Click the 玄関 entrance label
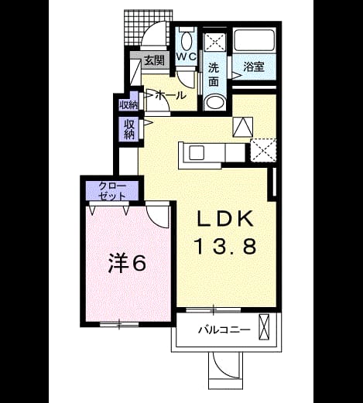[154, 61]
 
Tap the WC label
[187, 56]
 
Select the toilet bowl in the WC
[187, 41]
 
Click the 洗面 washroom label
[214, 75]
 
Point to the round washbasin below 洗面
[215, 102]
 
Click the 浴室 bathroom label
[254, 67]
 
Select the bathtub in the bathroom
[255, 40]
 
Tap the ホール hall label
[171, 96]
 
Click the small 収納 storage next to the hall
[128, 105]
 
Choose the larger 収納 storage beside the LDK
[129, 130]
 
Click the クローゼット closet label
[112, 191]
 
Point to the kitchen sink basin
[197, 152]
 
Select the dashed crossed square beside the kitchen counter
[263, 150]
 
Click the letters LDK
[224, 219]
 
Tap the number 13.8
[226, 246]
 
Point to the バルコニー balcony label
[224, 330]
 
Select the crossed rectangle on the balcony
[264, 327]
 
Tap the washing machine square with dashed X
[215, 40]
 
